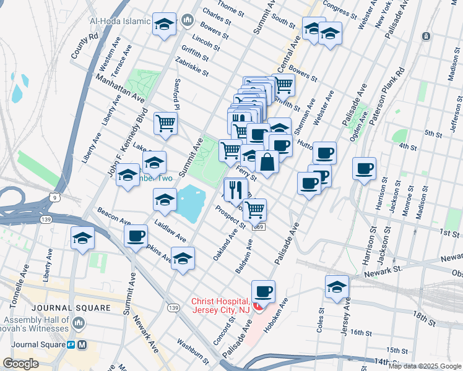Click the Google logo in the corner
(x=21, y=364)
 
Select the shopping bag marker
(x=267, y=163)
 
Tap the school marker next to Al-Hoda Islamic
(x=164, y=25)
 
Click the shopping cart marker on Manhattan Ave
(x=165, y=123)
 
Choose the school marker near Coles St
(x=337, y=287)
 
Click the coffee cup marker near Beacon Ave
(x=136, y=236)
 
